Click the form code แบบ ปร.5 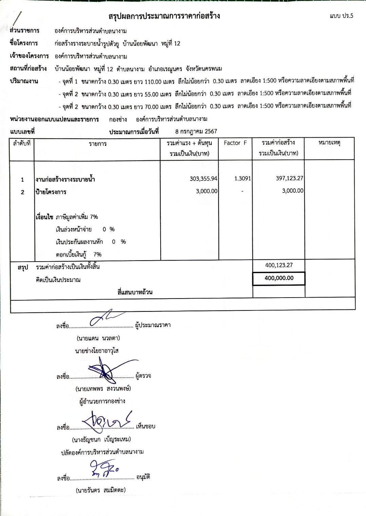(x=341, y=16)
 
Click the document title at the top (x=164, y=16)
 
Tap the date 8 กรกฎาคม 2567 (x=196, y=131)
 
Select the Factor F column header (x=235, y=143)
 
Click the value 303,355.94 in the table (x=203, y=179)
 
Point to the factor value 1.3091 (x=242, y=179)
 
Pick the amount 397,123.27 (x=290, y=178)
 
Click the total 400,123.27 (x=279, y=265)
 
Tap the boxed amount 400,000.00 (x=279, y=278)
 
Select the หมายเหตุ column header (x=329, y=143)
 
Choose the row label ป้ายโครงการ (x=51, y=192)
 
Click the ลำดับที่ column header (x=22, y=143)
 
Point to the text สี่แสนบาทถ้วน (x=135, y=292)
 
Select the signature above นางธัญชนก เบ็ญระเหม (x=107, y=421)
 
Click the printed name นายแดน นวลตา (x=98, y=338)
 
